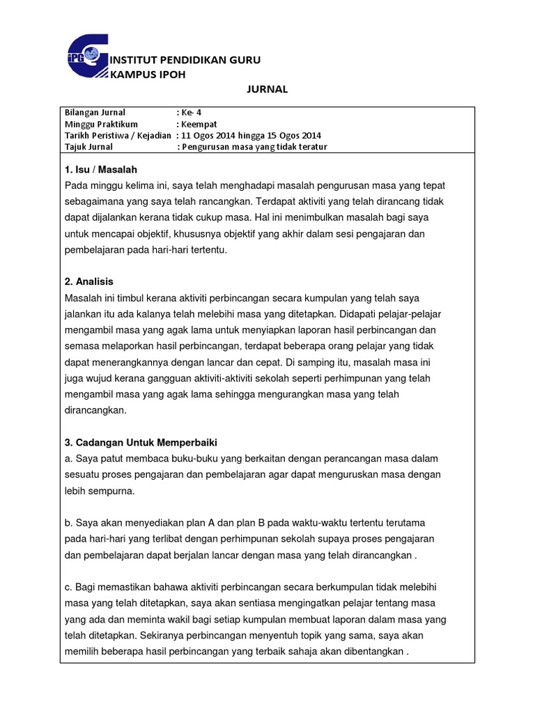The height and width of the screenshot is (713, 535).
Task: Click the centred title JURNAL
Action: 267,90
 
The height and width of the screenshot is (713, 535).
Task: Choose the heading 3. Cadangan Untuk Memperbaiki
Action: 141,443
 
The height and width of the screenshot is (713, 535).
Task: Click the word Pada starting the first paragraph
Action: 75,185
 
